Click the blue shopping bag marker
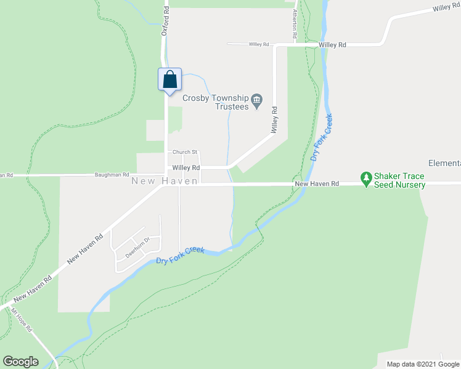(170, 80)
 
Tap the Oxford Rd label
(165, 21)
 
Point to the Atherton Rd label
(296, 23)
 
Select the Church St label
(184, 152)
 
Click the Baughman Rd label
(112, 175)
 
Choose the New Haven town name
(165, 181)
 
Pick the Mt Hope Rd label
(22, 320)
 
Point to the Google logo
(20, 362)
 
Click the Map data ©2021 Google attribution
(422, 364)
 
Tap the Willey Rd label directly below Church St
(186, 167)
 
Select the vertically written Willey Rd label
(275, 121)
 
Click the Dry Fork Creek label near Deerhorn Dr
(180, 255)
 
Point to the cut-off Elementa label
(444, 163)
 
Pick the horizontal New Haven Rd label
(317, 184)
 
